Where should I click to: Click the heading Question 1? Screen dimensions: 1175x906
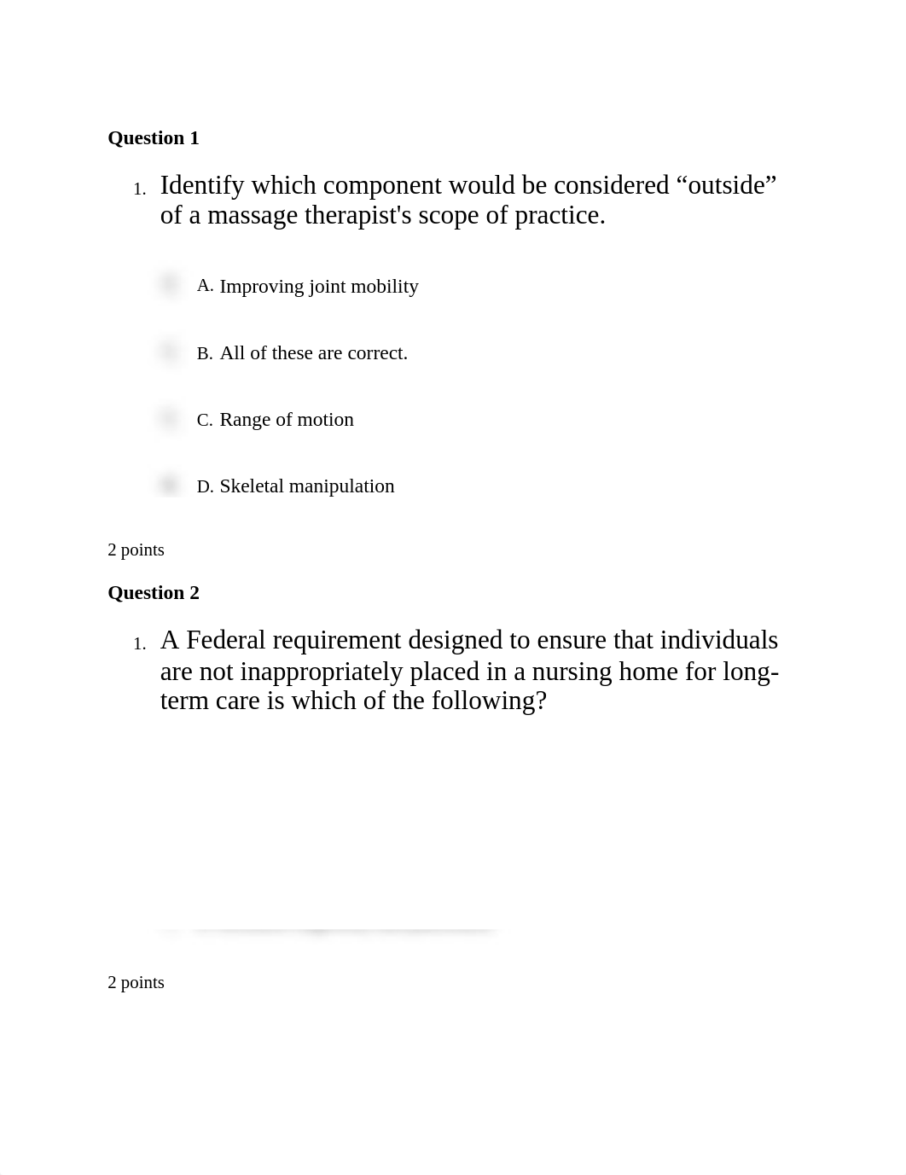coord(154,138)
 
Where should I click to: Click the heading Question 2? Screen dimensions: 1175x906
coord(154,593)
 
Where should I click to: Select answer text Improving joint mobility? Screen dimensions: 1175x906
coord(319,287)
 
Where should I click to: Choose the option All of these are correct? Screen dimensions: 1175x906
coord(314,353)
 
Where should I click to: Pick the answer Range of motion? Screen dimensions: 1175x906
coord(287,420)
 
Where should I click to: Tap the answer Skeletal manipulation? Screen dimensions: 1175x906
coord(307,486)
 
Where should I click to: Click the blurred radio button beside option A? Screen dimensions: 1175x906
coord(169,284)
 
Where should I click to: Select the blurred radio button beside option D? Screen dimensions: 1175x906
coord(169,485)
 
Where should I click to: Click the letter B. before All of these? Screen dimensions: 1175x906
coord(205,354)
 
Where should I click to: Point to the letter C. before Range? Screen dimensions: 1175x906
coord(205,421)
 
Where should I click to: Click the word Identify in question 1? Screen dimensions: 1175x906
coord(202,185)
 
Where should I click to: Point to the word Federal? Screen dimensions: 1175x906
coord(226,640)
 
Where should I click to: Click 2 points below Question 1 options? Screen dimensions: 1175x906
coord(136,550)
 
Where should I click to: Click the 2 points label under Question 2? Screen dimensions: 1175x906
coord(136,983)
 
